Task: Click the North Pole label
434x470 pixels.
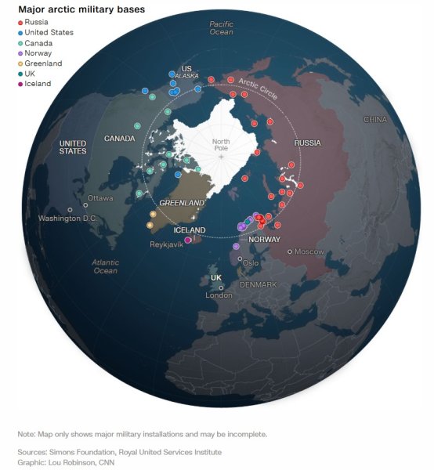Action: coord(221,144)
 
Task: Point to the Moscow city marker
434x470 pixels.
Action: coord(290,251)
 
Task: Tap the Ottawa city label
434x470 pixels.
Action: coord(100,198)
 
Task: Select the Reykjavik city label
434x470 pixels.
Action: coord(166,244)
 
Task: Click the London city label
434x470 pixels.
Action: coord(219,295)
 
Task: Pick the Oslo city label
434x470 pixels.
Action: coord(250,263)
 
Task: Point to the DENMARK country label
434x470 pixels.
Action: coord(258,284)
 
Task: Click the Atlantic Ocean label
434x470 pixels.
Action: coord(105,266)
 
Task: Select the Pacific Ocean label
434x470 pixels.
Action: coord(222,28)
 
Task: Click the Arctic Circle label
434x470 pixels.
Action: coord(258,89)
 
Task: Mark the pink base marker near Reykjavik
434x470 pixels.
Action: coord(188,240)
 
